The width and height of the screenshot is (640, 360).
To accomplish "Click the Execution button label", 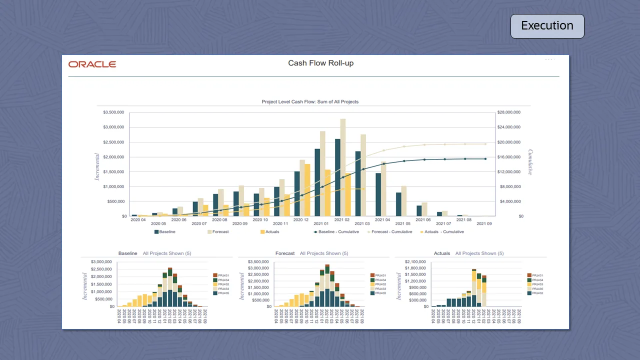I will (x=547, y=26).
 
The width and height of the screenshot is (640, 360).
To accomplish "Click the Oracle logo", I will (x=92, y=64).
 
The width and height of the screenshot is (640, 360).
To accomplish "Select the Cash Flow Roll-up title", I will (x=320, y=63).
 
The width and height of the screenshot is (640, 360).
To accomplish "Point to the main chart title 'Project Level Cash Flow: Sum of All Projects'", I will (x=310, y=102).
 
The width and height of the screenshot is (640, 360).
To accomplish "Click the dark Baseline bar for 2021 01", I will (x=317, y=182).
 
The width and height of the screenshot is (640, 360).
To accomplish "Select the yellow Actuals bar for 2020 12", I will (x=307, y=190).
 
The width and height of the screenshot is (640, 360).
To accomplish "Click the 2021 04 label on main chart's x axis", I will (x=382, y=219).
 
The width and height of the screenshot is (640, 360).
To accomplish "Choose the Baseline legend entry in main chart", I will (x=165, y=232).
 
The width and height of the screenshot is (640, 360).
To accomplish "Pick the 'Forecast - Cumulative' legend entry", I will (x=390, y=232).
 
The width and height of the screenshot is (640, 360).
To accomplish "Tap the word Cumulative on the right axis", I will (x=530, y=162).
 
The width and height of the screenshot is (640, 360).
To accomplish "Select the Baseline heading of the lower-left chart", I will (x=127, y=253).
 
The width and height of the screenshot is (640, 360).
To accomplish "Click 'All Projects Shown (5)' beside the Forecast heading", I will (x=324, y=253).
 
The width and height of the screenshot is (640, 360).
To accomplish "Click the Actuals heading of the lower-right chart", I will (x=442, y=253).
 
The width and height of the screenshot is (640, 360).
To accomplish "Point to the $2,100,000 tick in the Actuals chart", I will (x=415, y=262).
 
